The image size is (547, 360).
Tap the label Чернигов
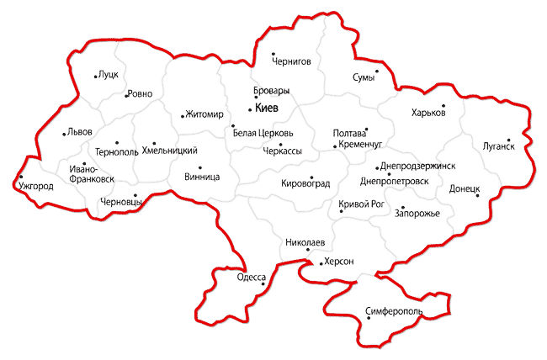(291, 61)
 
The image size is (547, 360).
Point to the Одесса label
(252, 277)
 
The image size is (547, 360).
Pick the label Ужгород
(36, 186)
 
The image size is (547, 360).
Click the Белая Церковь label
(263, 133)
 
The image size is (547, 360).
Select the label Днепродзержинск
(417, 166)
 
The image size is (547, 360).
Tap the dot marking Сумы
(377, 71)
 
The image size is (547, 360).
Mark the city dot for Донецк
(477, 196)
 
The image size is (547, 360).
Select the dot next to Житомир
(183, 115)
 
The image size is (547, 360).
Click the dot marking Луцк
(95, 77)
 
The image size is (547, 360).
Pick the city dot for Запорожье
(402, 207)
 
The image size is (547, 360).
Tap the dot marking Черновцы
(135, 195)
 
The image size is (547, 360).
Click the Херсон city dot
(321, 262)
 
